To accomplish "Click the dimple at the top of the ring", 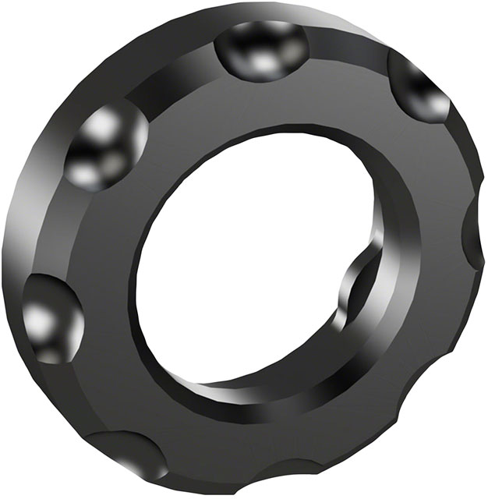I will tap(261, 48).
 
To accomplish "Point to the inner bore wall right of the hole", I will tap(398, 234).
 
